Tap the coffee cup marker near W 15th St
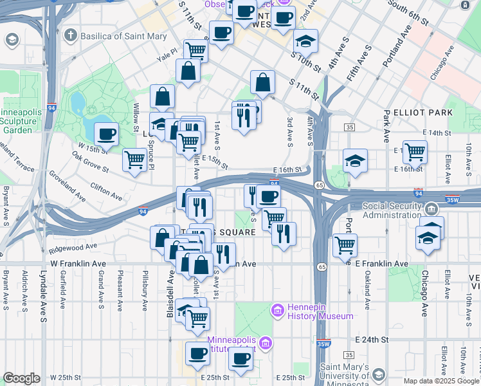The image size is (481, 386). coord(106,134)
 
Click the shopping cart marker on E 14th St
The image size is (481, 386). coord(415,152)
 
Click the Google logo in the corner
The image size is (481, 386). coord(21,378)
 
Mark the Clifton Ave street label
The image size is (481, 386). coord(106,190)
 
